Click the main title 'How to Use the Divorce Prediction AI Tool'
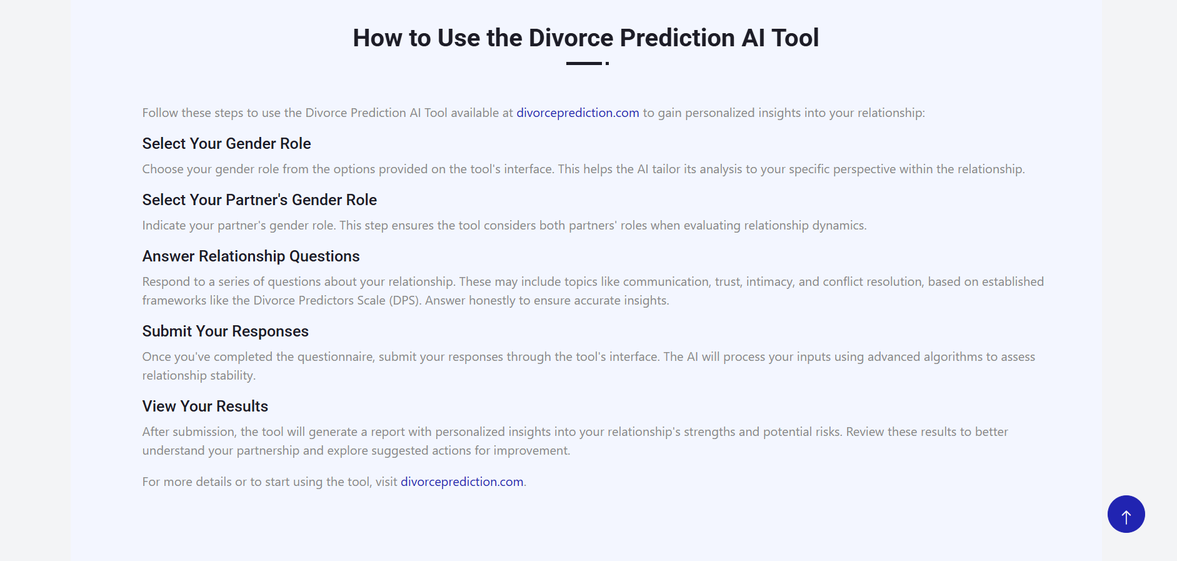[586, 38]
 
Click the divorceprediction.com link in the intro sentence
[578, 113]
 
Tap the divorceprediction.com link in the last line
[462, 482]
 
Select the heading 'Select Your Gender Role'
[226, 144]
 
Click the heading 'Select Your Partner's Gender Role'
[259, 200]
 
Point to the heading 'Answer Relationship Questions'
[251, 256]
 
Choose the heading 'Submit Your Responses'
[225, 331]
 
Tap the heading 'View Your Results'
[205, 407]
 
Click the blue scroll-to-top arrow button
[1126, 514]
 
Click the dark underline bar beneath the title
[584, 63]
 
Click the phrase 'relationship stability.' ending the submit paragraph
[199, 375]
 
